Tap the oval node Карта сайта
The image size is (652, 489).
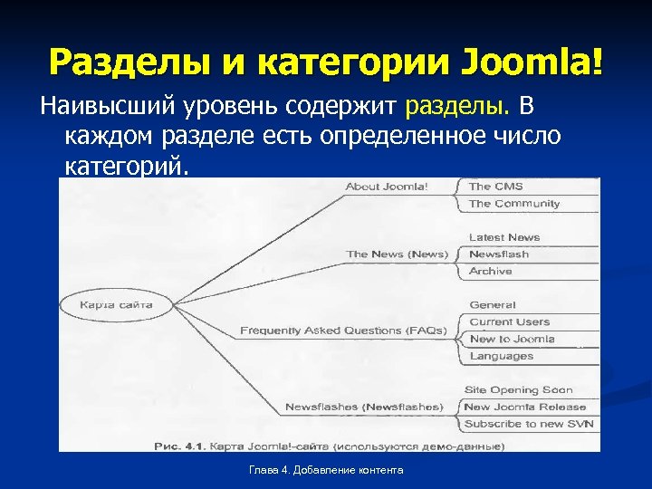(117, 304)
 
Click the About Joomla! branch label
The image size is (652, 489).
(387, 187)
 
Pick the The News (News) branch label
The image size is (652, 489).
(397, 254)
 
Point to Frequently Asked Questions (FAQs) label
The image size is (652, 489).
(343, 331)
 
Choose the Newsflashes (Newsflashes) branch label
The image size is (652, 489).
(364, 407)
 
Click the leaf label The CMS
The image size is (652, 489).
(495, 187)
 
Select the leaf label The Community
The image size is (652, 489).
(514, 204)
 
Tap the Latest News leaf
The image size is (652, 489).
(504, 237)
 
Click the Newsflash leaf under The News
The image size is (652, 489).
(499, 254)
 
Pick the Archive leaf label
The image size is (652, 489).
(490, 272)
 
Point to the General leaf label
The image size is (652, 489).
(493, 305)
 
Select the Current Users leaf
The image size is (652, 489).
(510, 322)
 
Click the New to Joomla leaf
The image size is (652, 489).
(513, 339)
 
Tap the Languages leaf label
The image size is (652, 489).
(502, 356)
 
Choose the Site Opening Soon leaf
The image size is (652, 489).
(519, 390)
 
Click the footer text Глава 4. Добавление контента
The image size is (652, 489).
(327, 470)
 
